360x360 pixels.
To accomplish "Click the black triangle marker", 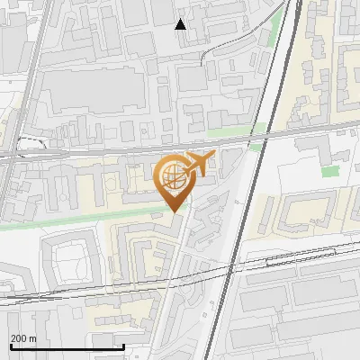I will (x=181, y=23).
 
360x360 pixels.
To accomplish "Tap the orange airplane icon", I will (x=199, y=165).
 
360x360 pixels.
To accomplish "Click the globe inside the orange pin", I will (x=173, y=176).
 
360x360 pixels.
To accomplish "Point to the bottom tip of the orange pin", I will (x=173, y=211).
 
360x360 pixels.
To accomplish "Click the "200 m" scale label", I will (x=23, y=338).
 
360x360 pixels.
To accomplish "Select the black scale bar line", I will (x=67, y=346).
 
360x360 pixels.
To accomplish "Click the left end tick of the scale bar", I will (x=11, y=346).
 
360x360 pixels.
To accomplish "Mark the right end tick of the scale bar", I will (x=123, y=346).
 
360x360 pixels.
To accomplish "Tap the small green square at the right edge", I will (x=331, y=171).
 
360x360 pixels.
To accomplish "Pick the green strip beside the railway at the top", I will (x=276, y=36).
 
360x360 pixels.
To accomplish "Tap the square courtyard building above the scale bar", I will (x=68, y=260).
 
